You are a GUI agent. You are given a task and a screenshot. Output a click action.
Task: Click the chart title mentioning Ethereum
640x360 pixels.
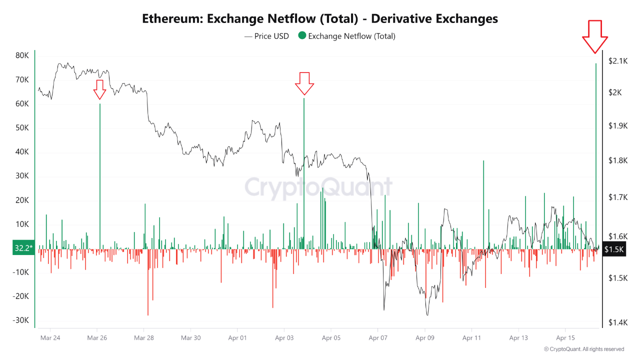point(320,18)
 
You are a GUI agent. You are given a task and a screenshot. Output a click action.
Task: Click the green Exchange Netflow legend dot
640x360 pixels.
point(301,36)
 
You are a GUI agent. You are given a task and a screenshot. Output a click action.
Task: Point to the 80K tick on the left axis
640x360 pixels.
point(22,55)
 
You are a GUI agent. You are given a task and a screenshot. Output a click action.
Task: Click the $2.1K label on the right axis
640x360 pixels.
point(618,61)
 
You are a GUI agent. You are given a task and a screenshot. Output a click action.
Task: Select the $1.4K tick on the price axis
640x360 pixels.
point(618,323)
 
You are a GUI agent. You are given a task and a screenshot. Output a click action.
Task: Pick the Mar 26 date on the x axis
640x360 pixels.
point(97,338)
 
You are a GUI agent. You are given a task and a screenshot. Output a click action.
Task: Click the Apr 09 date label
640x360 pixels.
point(425,338)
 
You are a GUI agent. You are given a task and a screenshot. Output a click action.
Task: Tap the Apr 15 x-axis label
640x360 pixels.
point(565,338)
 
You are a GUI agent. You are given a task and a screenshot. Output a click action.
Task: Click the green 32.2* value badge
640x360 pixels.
point(23,247)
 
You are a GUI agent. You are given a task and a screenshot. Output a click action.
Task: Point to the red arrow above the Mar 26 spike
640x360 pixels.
point(99,89)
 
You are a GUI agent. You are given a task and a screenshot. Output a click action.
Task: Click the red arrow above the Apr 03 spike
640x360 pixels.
point(304,83)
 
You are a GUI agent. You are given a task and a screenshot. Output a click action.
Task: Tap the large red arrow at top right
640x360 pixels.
point(595,36)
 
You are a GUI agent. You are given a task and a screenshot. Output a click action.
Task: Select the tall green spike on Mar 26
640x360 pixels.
point(100,175)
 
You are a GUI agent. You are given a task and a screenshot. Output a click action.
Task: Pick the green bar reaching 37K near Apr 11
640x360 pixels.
point(483,205)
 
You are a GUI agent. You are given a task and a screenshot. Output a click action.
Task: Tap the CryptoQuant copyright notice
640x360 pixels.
point(584,349)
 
